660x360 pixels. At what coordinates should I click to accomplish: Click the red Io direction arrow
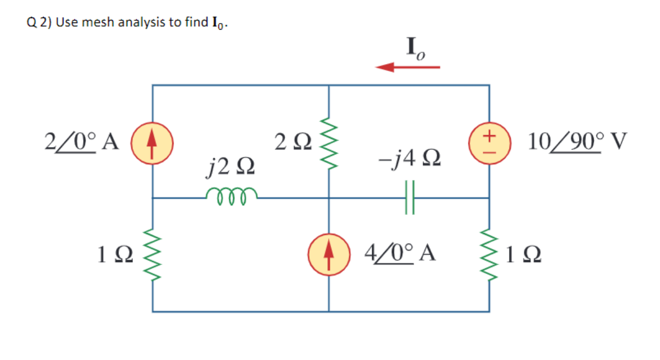(x=407, y=67)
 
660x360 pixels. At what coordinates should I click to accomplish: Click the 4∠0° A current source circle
(x=328, y=254)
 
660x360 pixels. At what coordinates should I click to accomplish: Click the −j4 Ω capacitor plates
(x=410, y=198)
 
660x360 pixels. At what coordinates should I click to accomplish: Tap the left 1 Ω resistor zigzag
(x=153, y=254)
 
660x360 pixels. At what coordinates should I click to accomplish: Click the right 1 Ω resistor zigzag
(x=489, y=254)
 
